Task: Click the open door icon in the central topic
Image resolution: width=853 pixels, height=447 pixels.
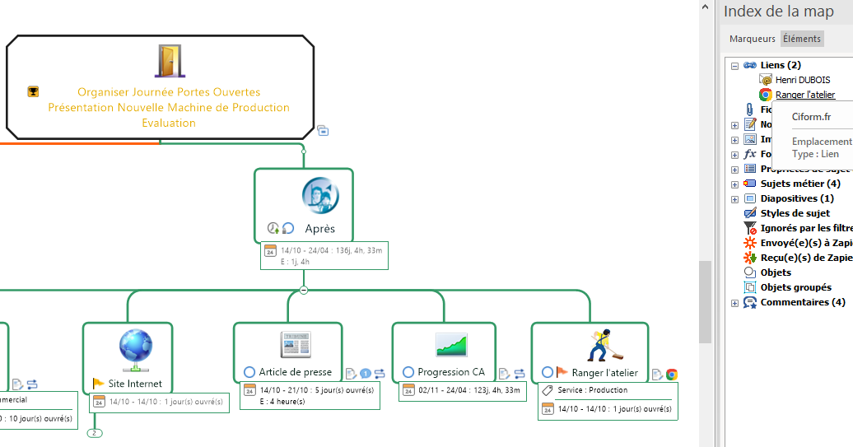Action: click(x=169, y=61)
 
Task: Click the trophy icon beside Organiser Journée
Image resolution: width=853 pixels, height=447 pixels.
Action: click(x=33, y=91)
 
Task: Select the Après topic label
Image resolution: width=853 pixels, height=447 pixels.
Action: click(x=319, y=228)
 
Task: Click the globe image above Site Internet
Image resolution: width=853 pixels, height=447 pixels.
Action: click(x=136, y=347)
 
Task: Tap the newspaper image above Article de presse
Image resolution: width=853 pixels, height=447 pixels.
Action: click(x=295, y=344)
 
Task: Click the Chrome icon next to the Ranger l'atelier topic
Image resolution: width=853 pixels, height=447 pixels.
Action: click(x=672, y=375)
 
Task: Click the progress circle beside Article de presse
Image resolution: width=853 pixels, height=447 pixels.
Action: click(x=249, y=372)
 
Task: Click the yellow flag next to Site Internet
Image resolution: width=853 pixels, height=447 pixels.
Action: click(x=98, y=384)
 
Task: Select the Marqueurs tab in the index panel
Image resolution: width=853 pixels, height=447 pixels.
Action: click(x=752, y=39)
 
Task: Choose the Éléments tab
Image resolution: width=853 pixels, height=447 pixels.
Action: click(x=801, y=39)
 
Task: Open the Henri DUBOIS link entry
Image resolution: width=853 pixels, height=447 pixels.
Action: click(x=802, y=80)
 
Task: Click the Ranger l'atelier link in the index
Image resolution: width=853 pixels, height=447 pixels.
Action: click(x=804, y=95)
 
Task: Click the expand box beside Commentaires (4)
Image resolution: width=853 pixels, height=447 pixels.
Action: click(x=734, y=303)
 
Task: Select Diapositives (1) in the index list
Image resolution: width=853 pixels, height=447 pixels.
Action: click(x=796, y=198)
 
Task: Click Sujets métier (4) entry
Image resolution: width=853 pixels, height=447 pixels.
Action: click(x=799, y=184)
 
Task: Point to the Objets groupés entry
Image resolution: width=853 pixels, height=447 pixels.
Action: click(x=795, y=287)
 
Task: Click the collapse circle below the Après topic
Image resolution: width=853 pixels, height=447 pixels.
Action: click(x=304, y=290)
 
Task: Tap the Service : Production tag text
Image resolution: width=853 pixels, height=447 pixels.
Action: click(x=592, y=390)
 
